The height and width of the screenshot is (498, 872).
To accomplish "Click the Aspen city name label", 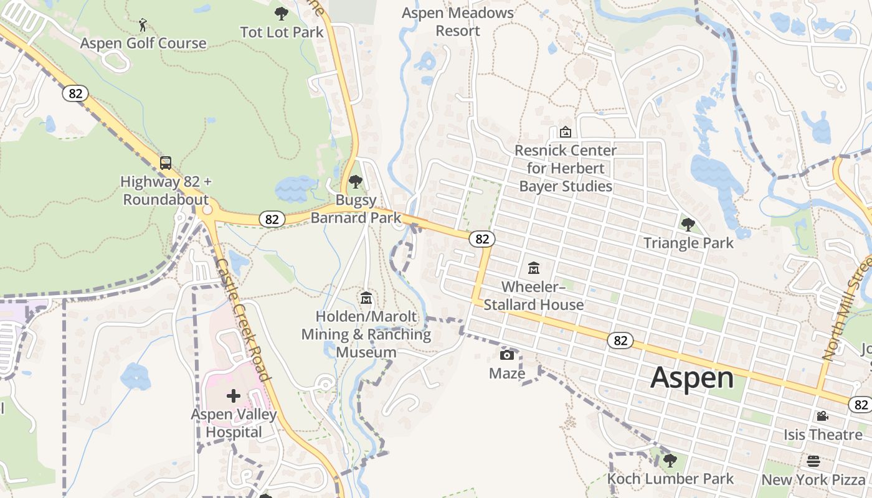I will coord(692,378).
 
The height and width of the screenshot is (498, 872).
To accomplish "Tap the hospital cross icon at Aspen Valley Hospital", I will coord(234,395).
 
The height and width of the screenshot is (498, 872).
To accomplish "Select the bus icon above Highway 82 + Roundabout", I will coord(166,163).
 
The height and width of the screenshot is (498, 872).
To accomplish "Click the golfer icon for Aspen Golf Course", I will coord(143,26).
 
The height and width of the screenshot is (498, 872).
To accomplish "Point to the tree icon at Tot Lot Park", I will coord(282,13).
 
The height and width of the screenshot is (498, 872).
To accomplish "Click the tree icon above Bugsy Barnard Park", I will coord(356,182).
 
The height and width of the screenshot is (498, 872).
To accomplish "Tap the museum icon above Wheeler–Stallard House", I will coord(534,268).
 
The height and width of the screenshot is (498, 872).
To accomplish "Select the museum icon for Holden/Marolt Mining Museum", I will coord(366,299).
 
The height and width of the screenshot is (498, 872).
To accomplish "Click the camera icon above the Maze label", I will coord(507,355).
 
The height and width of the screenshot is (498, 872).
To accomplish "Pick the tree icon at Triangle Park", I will coord(688,225).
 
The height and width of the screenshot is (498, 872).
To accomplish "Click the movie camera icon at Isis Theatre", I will coord(822,416).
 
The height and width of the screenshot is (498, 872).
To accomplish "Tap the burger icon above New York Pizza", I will coord(813,461).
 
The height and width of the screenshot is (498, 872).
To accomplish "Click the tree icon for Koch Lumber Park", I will coord(670,461).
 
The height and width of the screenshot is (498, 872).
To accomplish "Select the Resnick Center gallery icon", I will coord(566,132).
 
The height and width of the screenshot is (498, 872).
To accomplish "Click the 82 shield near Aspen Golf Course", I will coord(75,93).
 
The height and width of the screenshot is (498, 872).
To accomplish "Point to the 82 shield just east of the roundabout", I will coord(272,219).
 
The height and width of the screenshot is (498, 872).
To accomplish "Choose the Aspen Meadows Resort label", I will coord(458,22).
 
